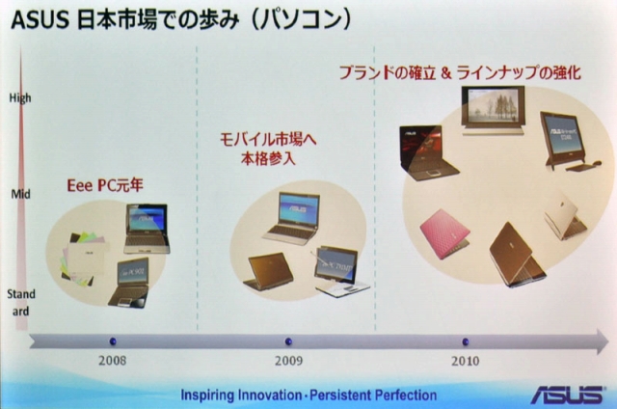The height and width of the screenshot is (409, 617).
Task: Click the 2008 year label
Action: coord(112,361)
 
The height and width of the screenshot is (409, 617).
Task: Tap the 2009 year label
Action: coord(288,361)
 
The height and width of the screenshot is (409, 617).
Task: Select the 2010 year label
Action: coord(465,361)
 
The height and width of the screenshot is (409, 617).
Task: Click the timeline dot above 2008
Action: coord(113,341)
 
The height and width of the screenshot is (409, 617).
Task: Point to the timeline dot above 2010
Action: coord(466,341)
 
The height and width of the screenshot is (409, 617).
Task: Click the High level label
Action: coord(20,98)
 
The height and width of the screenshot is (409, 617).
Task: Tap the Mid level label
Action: coord(20,194)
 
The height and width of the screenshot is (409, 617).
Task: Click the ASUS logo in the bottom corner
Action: coord(567,394)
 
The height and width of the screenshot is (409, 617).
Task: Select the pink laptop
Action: coord(444,233)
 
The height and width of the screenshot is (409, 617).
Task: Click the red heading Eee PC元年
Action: coord(105,185)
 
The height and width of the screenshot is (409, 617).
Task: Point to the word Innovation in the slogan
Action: coord(269,395)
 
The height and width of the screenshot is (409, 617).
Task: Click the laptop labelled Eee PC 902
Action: coord(130,283)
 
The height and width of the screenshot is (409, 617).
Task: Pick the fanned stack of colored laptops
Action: coord(84,258)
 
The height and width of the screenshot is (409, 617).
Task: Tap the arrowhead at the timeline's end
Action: coord(603,341)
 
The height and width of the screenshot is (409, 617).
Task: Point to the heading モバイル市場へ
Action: coord(268,140)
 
